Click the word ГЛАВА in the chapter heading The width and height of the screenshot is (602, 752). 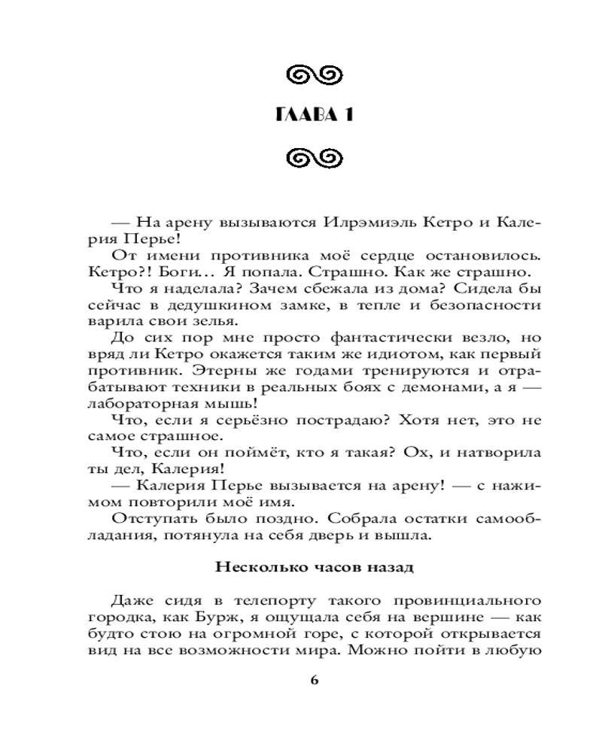coord(299,115)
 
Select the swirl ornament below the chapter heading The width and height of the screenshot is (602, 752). coord(315,158)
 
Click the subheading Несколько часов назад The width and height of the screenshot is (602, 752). coord(315,566)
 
